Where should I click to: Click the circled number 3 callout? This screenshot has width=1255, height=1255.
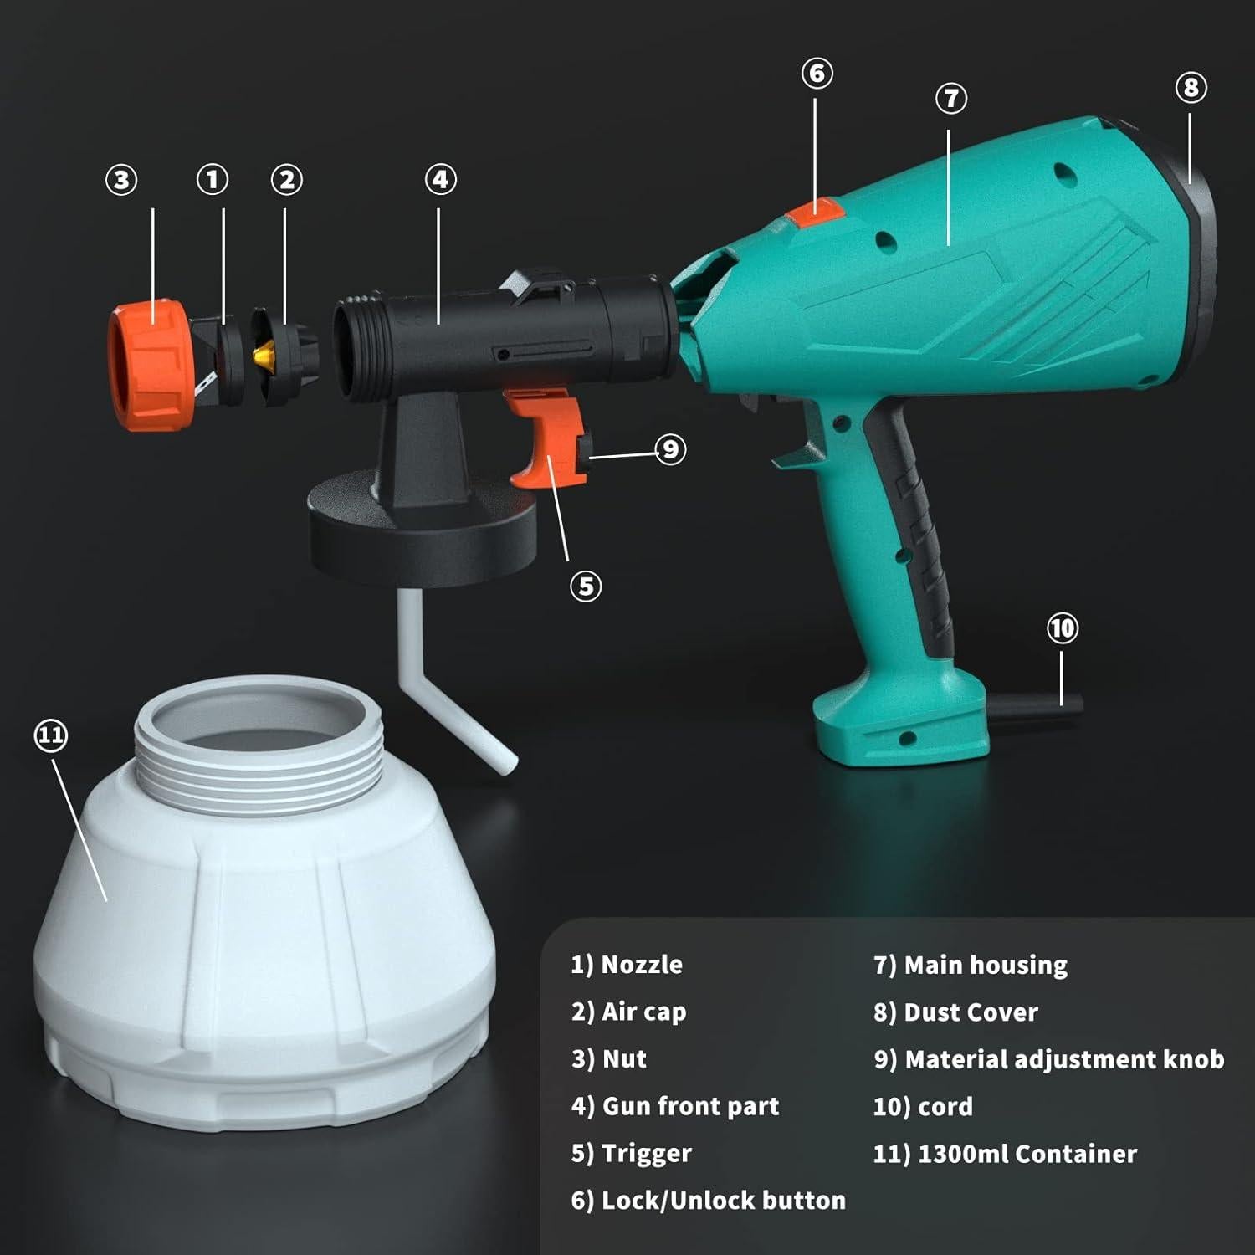pos(121,180)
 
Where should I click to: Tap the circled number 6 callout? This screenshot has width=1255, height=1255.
pos(817,74)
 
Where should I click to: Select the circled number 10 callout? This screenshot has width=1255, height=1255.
pos(1063,628)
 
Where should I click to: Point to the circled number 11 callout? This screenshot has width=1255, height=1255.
pos(50,735)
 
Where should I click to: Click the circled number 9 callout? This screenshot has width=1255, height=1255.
pos(670,449)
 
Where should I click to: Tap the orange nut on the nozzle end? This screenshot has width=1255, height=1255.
pos(149,366)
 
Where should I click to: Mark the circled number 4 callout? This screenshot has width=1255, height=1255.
pos(441,179)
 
